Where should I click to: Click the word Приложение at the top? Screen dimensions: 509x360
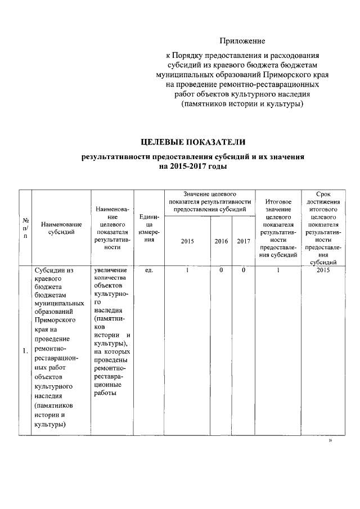pyautogui.click(x=242, y=41)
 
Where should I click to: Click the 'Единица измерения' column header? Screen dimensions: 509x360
pyautogui.click(x=148, y=228)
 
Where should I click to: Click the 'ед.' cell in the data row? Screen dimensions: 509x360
pyautogui.click(x=148, y=271)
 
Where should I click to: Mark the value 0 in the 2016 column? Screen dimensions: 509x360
pyautogui.click(x=221, y=271)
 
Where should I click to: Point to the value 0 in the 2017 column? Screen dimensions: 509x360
pyautogui.click(x=243, y=271)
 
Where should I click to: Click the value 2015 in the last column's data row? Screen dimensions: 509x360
pyautogui.click(x=323, y=271)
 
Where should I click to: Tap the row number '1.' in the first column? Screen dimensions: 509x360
pyautogui.click(x=25, y=352)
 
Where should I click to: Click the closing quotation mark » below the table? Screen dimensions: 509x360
pyautogui.click(x=330, y=441)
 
